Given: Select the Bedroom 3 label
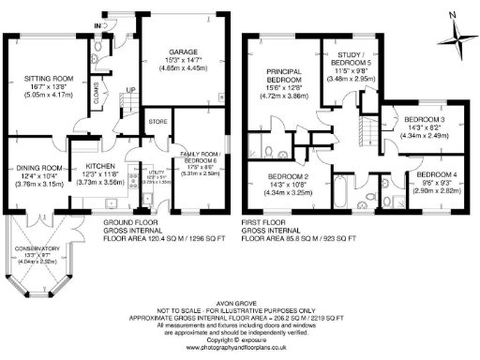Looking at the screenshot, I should tap(424, 121).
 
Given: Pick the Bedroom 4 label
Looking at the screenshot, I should tap(436, 175).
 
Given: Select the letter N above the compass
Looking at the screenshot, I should tap(452, 15).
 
